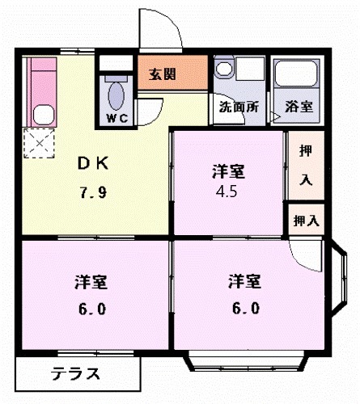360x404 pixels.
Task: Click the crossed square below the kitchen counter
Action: [37, 143]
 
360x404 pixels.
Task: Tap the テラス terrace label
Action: [77, 374]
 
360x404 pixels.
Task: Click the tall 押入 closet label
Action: [305, 165]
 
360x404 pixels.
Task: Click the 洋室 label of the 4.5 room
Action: [229, 171]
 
